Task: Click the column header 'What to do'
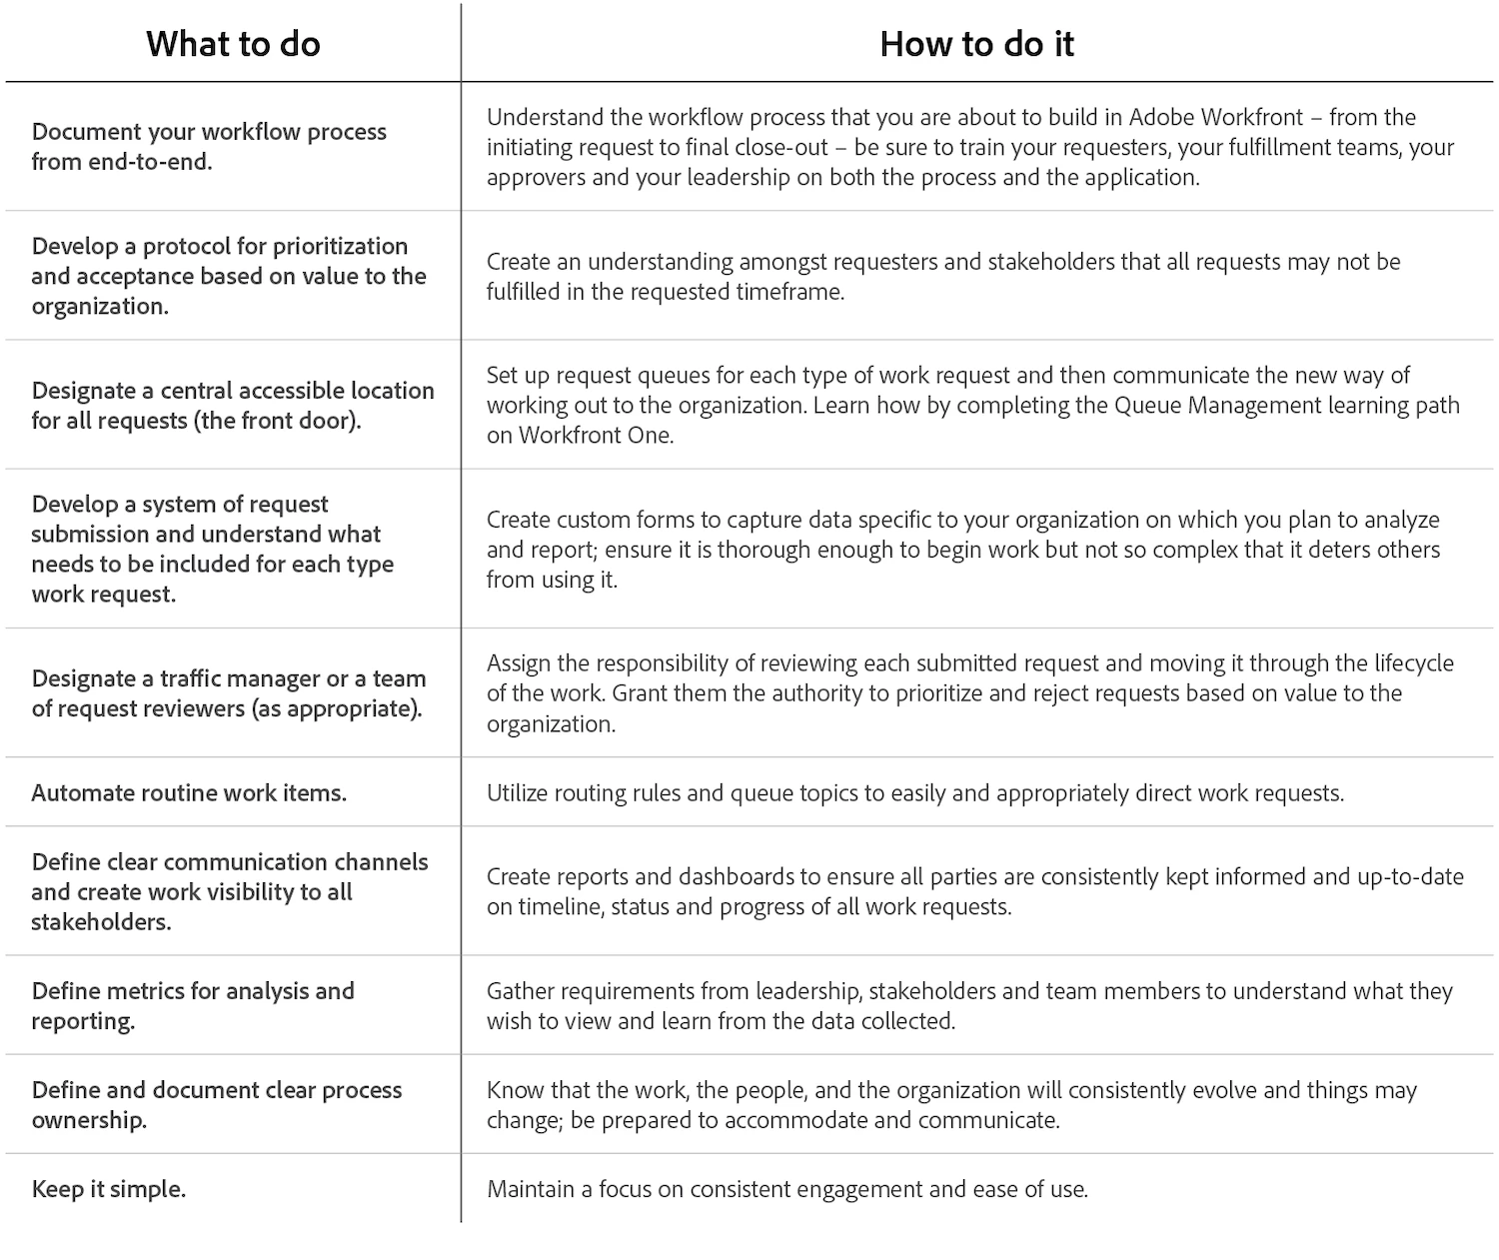[233, 44]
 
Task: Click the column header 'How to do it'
[976, 44]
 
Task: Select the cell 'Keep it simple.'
[109, 1189]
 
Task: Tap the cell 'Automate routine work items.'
[189, 793]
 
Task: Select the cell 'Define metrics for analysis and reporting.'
[193, 1005]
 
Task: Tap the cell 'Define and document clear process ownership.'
[217, 1104]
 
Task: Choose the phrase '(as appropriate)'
[353, 709]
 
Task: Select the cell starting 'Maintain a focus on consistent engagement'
[786, 1189]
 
